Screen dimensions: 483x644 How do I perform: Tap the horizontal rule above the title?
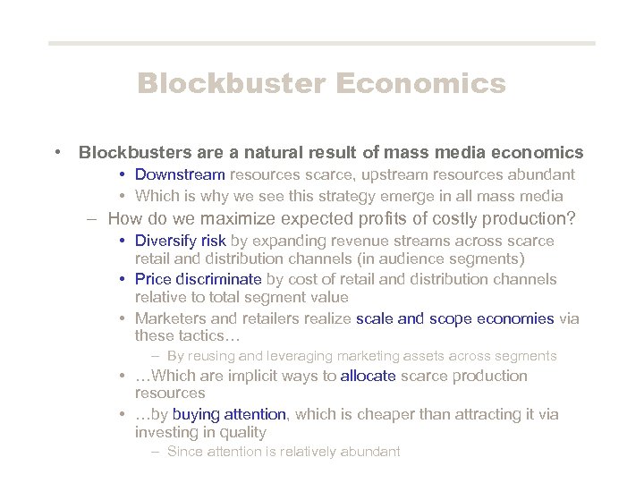[x=321, y=43]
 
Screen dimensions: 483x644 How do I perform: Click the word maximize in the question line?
[x=235, y=218]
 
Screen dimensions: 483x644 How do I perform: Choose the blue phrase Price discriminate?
[x=198, y=279]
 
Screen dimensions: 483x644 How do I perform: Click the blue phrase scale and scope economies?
[x=455, y=318]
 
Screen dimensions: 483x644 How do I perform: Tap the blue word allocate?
[x=369, y=376]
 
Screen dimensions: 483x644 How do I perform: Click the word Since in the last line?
[x=185, y=452]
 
